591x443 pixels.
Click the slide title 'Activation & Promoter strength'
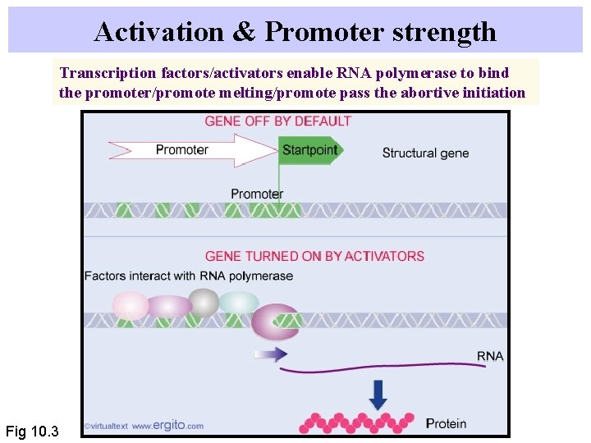295,31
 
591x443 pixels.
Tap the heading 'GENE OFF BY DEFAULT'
277,121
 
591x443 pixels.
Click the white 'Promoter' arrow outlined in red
193,150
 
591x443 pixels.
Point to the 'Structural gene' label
425,153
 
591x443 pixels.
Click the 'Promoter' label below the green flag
256,194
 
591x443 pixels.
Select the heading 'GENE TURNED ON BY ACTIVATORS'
314,256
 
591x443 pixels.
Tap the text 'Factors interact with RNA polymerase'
189,276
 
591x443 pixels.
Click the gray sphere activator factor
204,303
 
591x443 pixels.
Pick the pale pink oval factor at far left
130,306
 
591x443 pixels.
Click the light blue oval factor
239,303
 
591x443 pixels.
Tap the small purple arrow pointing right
270,354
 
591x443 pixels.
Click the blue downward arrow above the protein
378,394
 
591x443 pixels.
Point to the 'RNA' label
490,356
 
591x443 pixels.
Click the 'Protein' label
446,424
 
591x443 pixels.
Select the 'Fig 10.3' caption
32,431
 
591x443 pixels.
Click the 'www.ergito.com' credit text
167,426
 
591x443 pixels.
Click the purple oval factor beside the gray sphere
168,307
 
